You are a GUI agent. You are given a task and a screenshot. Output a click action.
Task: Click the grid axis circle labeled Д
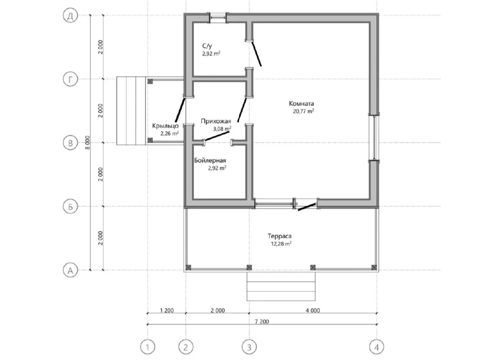(70, 15)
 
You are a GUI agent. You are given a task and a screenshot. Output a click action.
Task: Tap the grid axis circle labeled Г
(70, 79)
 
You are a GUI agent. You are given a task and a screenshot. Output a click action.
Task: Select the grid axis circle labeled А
(70, 270)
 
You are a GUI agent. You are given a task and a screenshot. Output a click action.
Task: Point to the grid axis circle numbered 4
(377, 347)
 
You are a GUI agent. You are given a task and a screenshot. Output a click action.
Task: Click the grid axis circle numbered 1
(148, 347)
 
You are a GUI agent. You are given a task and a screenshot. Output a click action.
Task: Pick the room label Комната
(302, 103)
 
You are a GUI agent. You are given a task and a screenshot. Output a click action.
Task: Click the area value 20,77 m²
(303, 111)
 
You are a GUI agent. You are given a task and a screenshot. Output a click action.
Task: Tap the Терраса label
(280, 236)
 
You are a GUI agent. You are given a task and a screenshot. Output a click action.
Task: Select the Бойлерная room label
(210, 161)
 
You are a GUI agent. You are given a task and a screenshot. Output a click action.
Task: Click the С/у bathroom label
(207, 46)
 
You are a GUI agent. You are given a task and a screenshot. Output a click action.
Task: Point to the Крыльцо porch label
(165, 126)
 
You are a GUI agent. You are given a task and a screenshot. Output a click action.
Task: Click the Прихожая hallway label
(216, 121)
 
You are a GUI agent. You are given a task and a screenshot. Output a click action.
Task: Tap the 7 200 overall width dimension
(262, 321)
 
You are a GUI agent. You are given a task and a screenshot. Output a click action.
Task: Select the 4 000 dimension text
(312, 310)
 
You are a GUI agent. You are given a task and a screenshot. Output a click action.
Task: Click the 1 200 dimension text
(167, 310)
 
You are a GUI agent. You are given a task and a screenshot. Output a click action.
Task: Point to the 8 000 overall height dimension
(87, 142)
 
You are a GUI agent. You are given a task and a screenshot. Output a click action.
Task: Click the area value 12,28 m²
(281, 244)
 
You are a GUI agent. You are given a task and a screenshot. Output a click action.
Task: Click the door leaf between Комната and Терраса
(307, 207)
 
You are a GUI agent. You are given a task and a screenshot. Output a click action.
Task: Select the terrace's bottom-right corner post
(374, 267)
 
